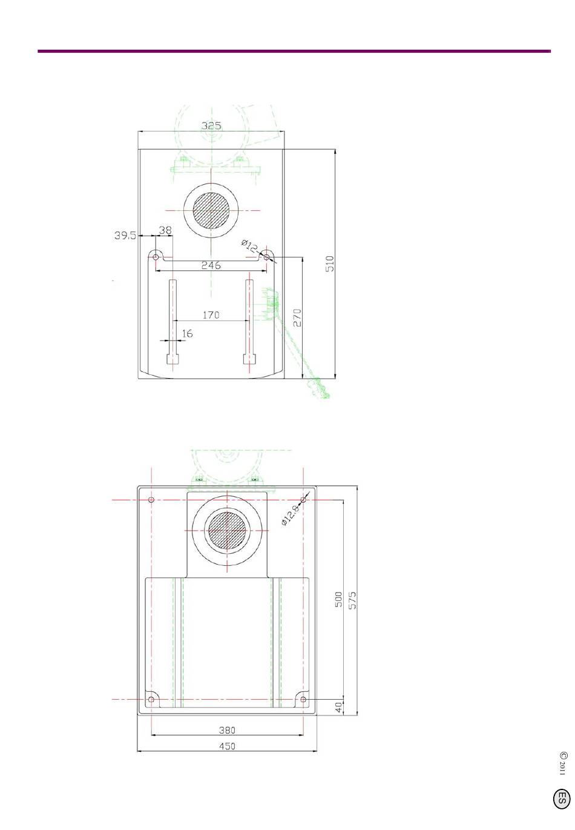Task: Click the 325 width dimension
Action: (x=211, y=125)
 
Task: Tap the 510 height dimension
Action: (x=329, y=264)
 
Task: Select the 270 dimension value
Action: (x=297, y=317)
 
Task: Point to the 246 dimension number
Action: (x=211, y=265)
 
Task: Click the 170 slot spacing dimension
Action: (x=211, y=315)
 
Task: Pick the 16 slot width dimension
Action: (x=188, y=334)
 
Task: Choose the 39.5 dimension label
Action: (x=125, y=235)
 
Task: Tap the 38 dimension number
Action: (x=165, y=230)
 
